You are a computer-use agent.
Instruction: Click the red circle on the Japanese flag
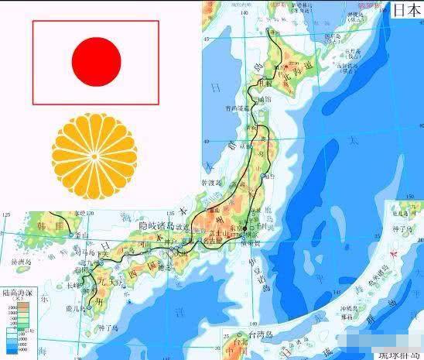pyautogui.click(x=96, y=62)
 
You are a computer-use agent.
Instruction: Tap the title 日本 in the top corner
pyautogui.click(x=406, y=10)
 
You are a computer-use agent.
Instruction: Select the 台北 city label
pyautogui.click(x=237, y=340)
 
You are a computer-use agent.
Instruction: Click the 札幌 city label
pyautogui.click(x=267, y=83)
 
